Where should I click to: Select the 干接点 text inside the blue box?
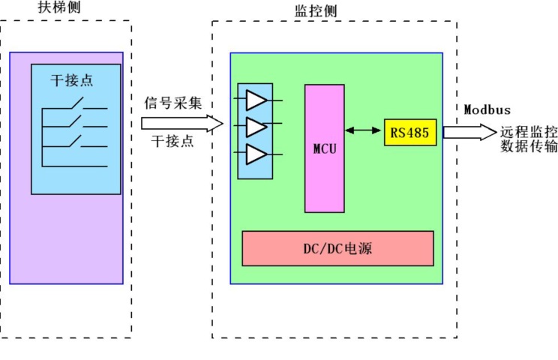pyautogui.click(x=71, y=79)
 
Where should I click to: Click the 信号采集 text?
pyautogui.click(x=173, y=103)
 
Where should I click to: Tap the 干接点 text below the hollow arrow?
pyautogui.click(x=173, y=140)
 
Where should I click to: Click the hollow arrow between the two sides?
pyautogui.click(x=182, y=122)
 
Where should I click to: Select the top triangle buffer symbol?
pyautogui.click(x=256, y=100)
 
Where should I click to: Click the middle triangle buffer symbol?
pyautogui.click(x=256, y=127)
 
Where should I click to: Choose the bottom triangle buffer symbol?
pyautogui.click(x=256, y=154)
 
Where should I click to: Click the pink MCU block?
pyautogui.click(x=324, y=148)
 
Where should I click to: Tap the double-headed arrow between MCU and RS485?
pyautogui.click(x=364, y=130)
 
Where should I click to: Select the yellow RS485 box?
pyautogui.click(x=409, y=132)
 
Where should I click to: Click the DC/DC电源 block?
pyautogui.click(x=337, y=248)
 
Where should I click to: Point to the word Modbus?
pyautogui.click(x=487, y=109)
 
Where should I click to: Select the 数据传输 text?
pyautogui.click(x=529, y=146)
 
